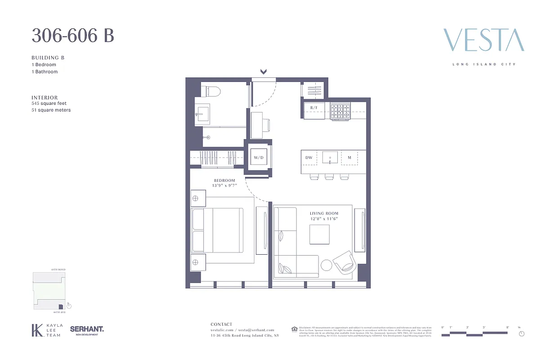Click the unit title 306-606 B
coord(72,36)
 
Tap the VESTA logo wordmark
coord(483,40)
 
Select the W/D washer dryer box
coord(258,157)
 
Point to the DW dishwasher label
coord(309,157)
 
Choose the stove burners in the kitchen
coord(340,111)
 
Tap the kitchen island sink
coord(330,157)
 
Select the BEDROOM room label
coord(224,180)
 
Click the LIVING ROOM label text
coord(324,213)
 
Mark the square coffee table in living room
coord(319,234)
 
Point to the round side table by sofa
coord(327,265)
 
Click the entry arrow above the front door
coord(264,72)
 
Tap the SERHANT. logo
coord(87,330)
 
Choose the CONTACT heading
coord(222,324)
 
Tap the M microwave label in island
coord(349,157)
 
